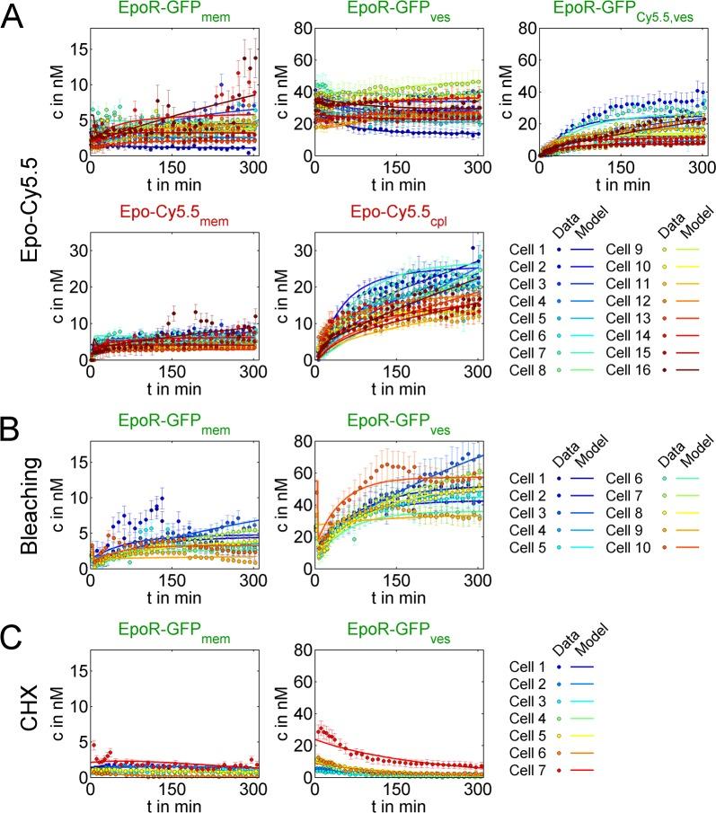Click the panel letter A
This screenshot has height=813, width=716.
pyautogui.click(x=15, y=17)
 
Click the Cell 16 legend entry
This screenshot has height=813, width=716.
pyautogui.click(x=621, y=369)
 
